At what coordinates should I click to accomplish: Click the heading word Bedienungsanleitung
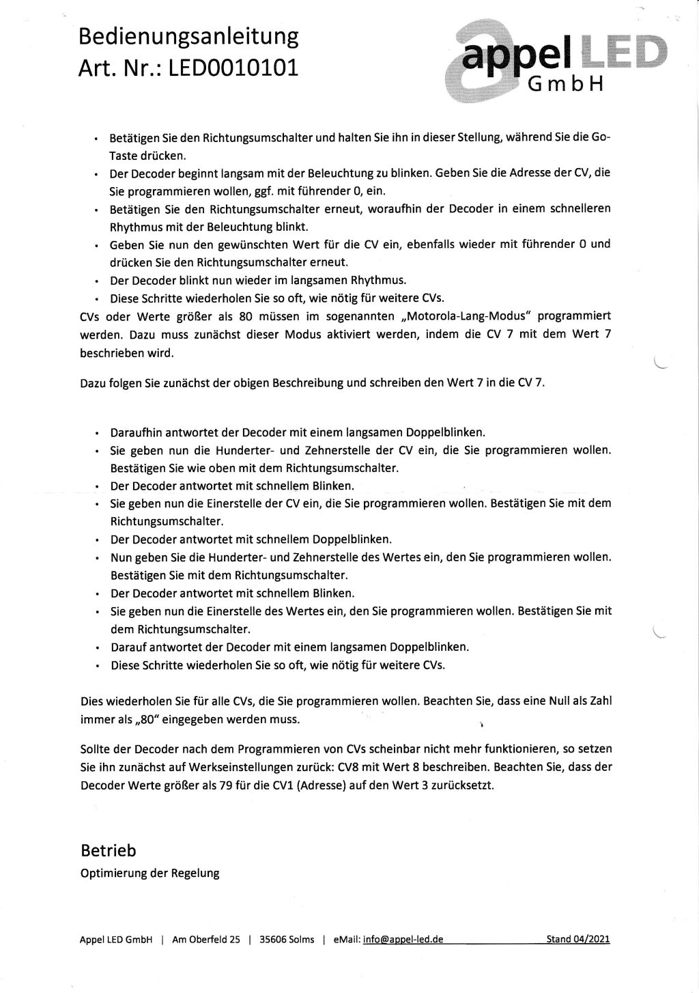[189, 36]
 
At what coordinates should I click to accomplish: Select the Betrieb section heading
[108, 850]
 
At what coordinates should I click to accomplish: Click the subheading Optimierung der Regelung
[149, 873]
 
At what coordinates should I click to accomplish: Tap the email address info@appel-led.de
[403, 939]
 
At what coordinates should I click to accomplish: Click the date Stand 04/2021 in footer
[577, 939]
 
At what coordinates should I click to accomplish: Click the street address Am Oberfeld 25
[205, 939]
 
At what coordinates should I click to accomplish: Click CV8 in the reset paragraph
[349, 767]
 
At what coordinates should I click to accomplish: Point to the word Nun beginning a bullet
[120, 557]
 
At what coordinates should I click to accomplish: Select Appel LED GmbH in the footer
[115, 939]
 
